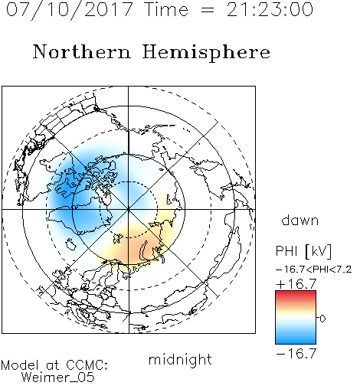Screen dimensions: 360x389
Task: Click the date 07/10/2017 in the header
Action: pos(70,10)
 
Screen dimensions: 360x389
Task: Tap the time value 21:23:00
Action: pos(270,10)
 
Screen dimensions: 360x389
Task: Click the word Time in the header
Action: pos(166,10)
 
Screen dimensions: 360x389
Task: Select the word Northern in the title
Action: pos(82,51)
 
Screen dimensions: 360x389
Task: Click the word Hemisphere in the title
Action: pos(206,53)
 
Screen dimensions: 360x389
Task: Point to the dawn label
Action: pos(299,220)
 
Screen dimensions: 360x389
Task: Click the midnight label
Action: pos(180,360)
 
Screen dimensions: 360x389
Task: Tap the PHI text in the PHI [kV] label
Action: pos(286,250)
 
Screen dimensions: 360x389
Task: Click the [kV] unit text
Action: pos(319,251)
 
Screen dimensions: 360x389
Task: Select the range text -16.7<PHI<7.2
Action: pos(314,270)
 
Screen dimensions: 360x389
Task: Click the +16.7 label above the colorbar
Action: pos(296,284)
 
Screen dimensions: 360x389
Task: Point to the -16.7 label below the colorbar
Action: pos(296,354)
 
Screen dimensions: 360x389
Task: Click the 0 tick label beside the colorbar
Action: pos(322,319)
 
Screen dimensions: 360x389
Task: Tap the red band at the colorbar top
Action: pos(296,293)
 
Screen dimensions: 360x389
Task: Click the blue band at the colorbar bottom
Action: pos(296,341)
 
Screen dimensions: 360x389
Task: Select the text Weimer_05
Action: pos(58,378)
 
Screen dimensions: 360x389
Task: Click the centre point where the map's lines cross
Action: pos(129,209)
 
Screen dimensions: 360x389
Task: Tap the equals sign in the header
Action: pos(208,10)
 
